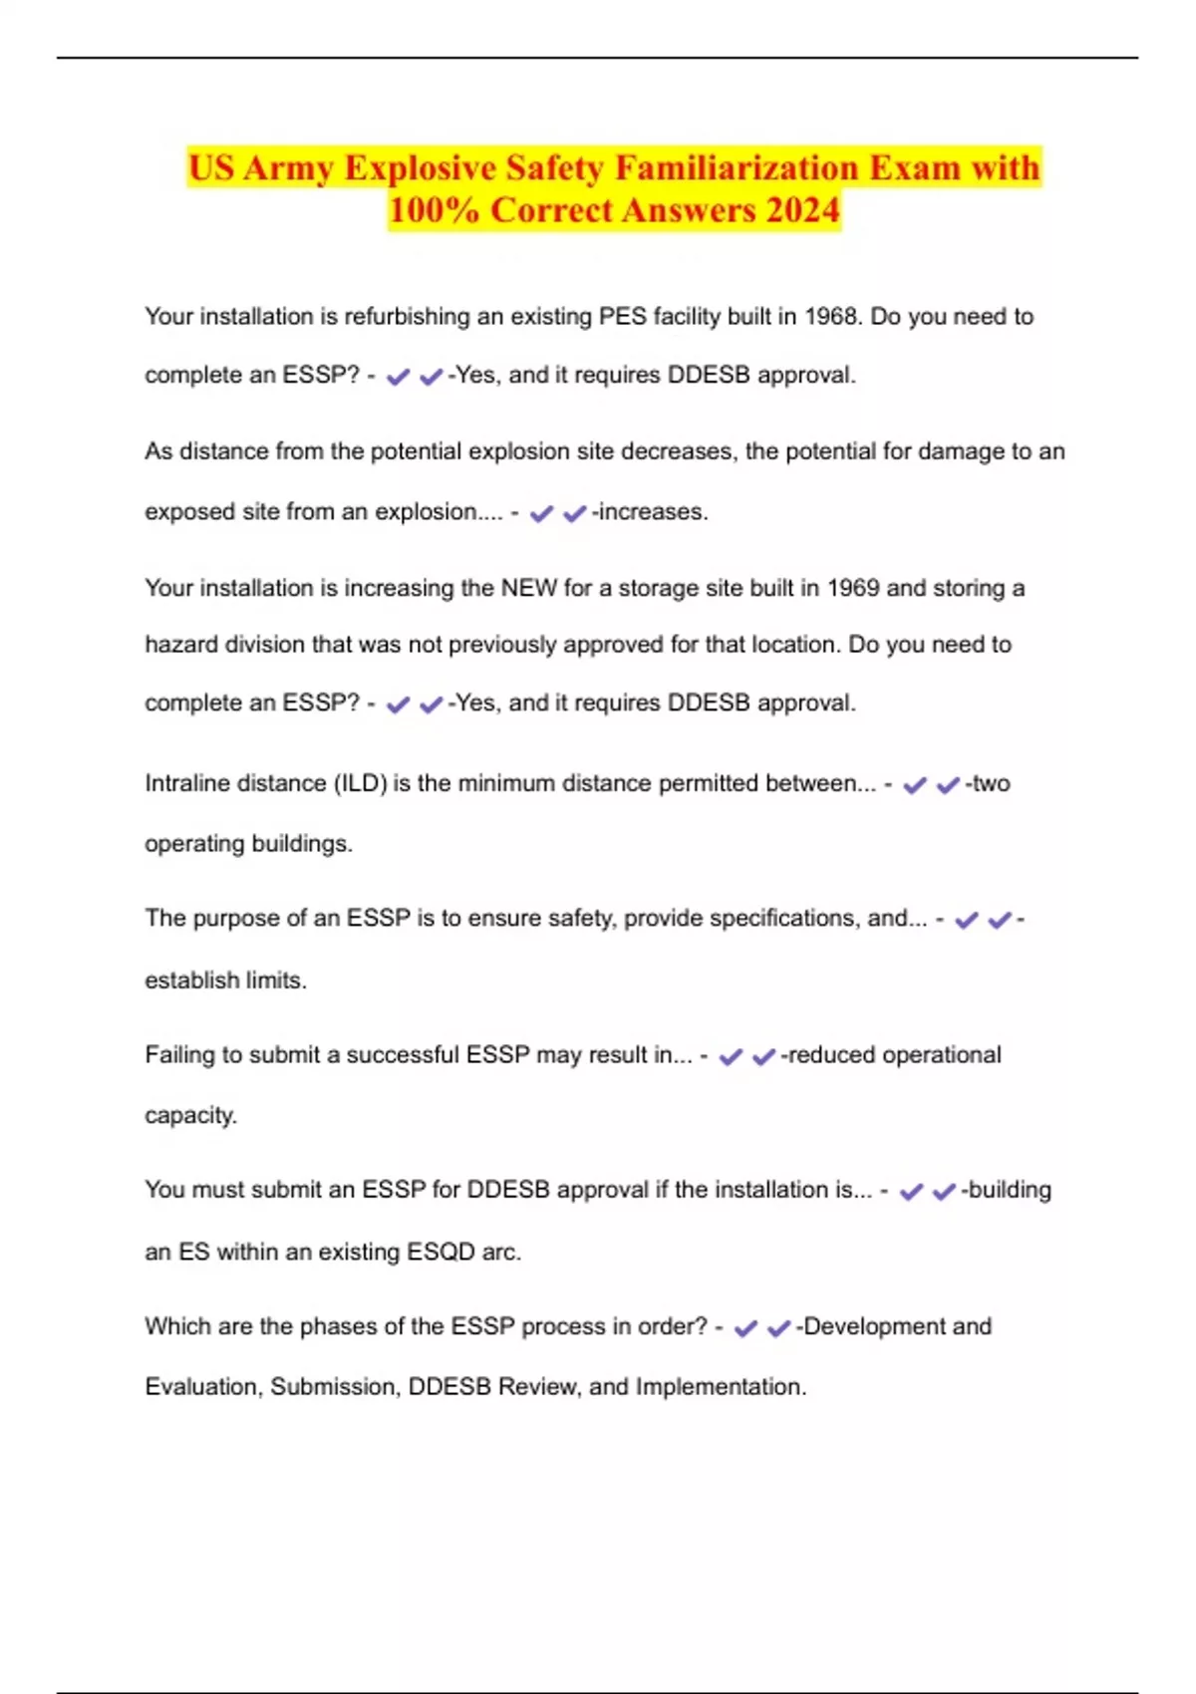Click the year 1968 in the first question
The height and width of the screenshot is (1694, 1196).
coord(833,317)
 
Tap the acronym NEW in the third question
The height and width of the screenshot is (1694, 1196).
coord(528,588)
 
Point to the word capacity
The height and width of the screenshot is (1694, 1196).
coord(190,1115)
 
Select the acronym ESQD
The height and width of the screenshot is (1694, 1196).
coord(442,1252)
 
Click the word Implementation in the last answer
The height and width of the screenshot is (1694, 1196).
coord(720,1387)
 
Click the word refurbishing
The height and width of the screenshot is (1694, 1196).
coord(407,317)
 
